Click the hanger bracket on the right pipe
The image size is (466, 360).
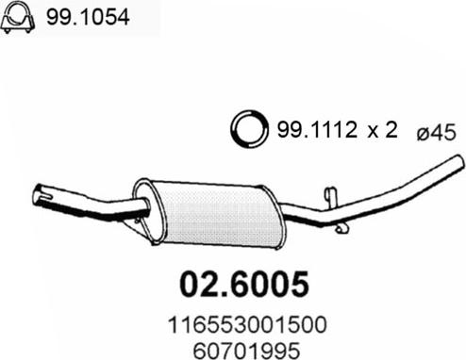point(329,199)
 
